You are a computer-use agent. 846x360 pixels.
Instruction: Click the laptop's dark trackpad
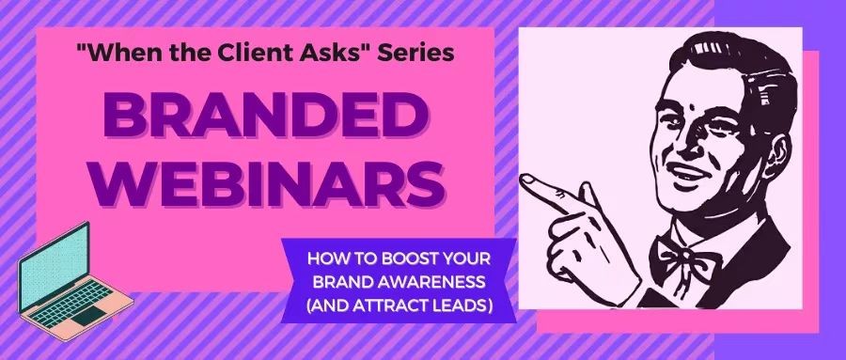click(89, 315)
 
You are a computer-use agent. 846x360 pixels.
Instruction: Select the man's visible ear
click(777, 150)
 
